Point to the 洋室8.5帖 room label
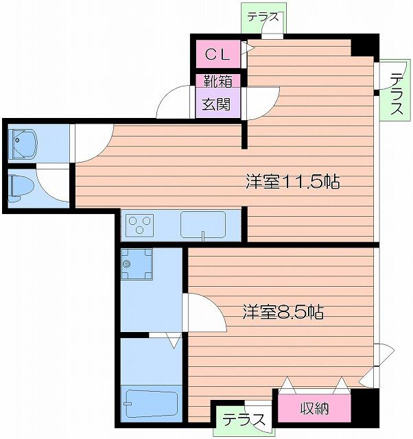(x=283, y=312)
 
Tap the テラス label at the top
(x=263, y=17)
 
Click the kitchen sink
(x=203, y=224)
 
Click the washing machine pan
(x=137, y=265)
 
